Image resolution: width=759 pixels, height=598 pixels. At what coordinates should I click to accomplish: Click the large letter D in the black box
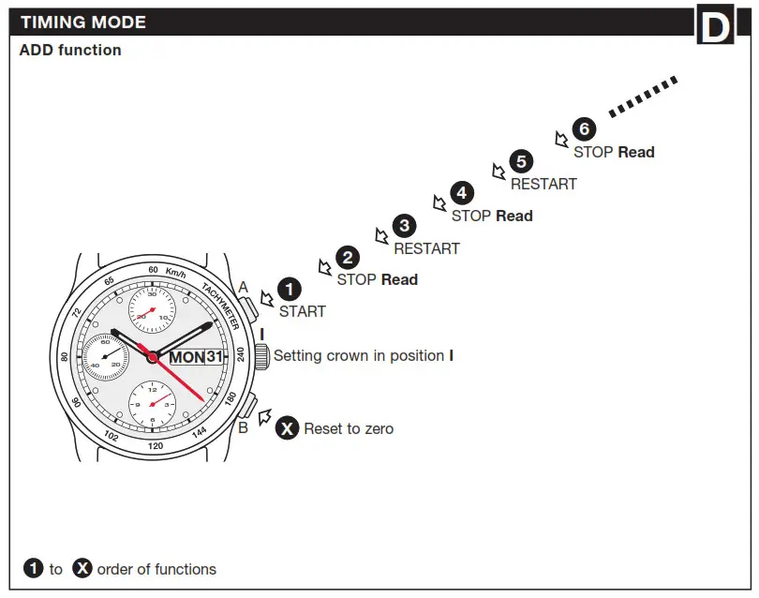click(714, 27)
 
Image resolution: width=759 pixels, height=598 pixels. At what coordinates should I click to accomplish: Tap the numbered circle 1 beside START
click(290, 290)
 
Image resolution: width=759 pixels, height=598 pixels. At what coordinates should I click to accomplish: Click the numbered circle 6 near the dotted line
click(584, 129)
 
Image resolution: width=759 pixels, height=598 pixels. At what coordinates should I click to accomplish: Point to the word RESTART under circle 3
click(426, 248)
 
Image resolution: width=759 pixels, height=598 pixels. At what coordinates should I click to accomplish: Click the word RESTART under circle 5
click(543, 184)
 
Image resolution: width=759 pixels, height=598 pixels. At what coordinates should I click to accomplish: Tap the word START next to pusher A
click(302, 311)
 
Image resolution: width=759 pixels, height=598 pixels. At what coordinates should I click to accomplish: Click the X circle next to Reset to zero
click(288, 428)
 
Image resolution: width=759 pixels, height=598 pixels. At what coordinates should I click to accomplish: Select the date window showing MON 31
click(197, 357)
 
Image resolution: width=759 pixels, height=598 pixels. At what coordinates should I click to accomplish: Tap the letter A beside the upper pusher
click(243, 287)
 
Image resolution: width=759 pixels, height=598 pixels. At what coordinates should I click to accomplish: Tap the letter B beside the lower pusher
click(243, 427)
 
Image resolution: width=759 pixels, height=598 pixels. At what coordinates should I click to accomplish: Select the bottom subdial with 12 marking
click(152, 404)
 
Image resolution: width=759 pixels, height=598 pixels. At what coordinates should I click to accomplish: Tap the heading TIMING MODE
click(83, 22)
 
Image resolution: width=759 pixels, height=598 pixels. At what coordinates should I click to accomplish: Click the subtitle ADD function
click(70, 51)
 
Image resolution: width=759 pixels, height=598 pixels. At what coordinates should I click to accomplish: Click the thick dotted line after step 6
click(643, 97)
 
